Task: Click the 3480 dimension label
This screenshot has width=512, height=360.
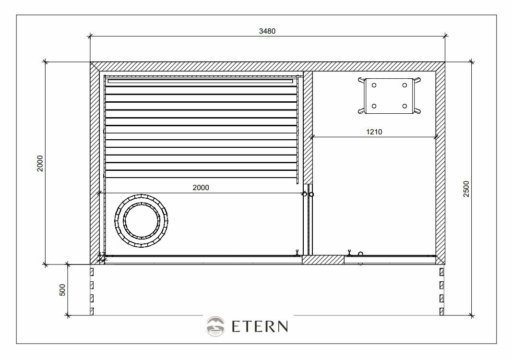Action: tap(267, 31)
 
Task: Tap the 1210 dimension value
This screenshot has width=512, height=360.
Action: tap(374, 132)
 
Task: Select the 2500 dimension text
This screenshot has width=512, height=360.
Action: tap(466, 189)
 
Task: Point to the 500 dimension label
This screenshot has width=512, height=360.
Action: tap(62, 290)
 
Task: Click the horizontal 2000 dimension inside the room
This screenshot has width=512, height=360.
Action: tap(201, 188)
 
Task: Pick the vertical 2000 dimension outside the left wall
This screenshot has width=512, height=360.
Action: tap(40, 163)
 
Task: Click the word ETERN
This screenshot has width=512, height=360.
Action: tap(260, 326)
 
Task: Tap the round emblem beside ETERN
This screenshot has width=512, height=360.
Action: tap(215, 326)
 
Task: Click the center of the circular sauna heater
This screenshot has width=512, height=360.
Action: tap(142, 220)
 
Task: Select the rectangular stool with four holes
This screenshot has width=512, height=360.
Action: tap(389, 96)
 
